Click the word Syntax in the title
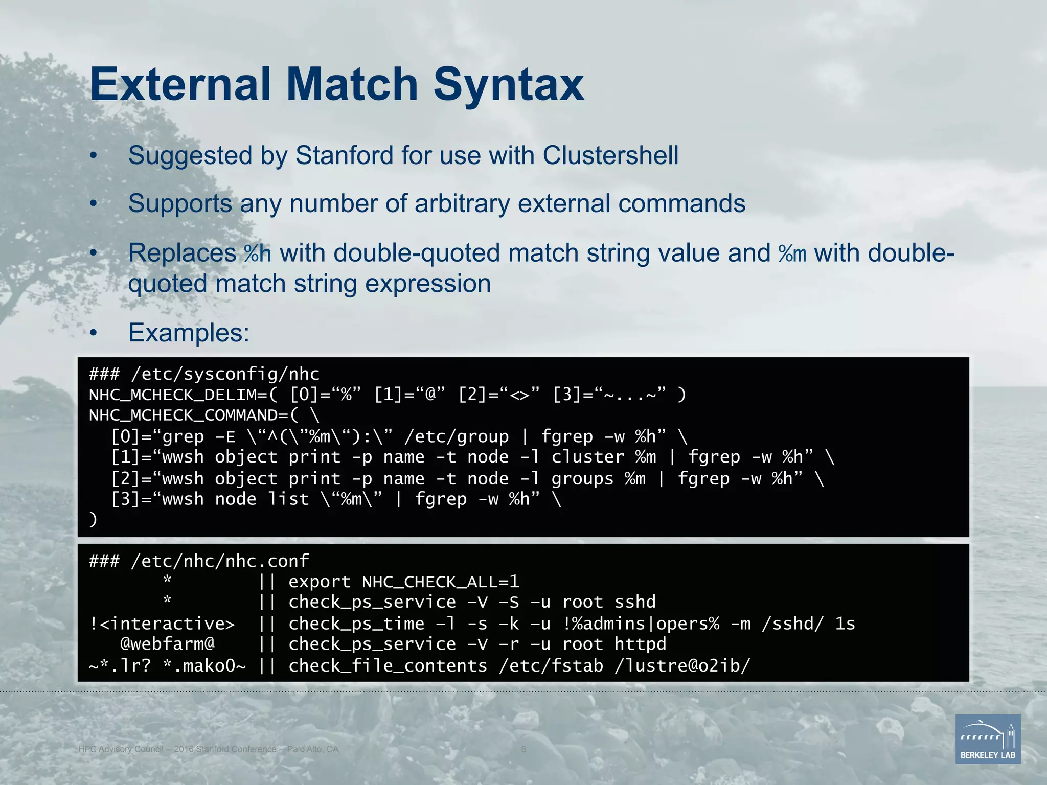508,84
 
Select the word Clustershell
610,155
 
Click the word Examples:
189,333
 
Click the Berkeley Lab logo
988,739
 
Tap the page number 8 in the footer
523,749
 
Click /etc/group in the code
457,437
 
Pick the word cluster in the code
587,457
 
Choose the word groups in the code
582,479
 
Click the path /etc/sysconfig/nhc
225,374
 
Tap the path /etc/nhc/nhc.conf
220,561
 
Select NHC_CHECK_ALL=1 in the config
440,582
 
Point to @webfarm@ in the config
167,644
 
